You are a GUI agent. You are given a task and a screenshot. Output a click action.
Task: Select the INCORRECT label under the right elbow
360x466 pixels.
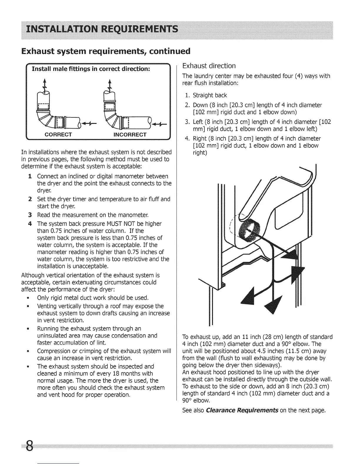click(130, 135)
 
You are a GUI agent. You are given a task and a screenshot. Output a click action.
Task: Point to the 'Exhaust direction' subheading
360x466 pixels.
click(209, 66)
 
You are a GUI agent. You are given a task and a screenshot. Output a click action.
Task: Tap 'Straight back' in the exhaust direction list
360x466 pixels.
click(210, 95)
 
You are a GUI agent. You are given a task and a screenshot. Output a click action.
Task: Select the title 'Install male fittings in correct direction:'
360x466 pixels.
click(91, 69)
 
